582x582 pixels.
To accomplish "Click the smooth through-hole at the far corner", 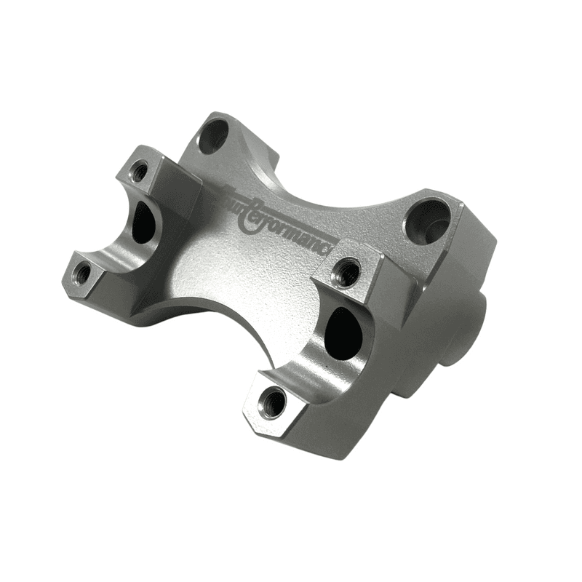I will [213, 135].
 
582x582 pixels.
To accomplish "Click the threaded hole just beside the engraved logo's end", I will [347, 273].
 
